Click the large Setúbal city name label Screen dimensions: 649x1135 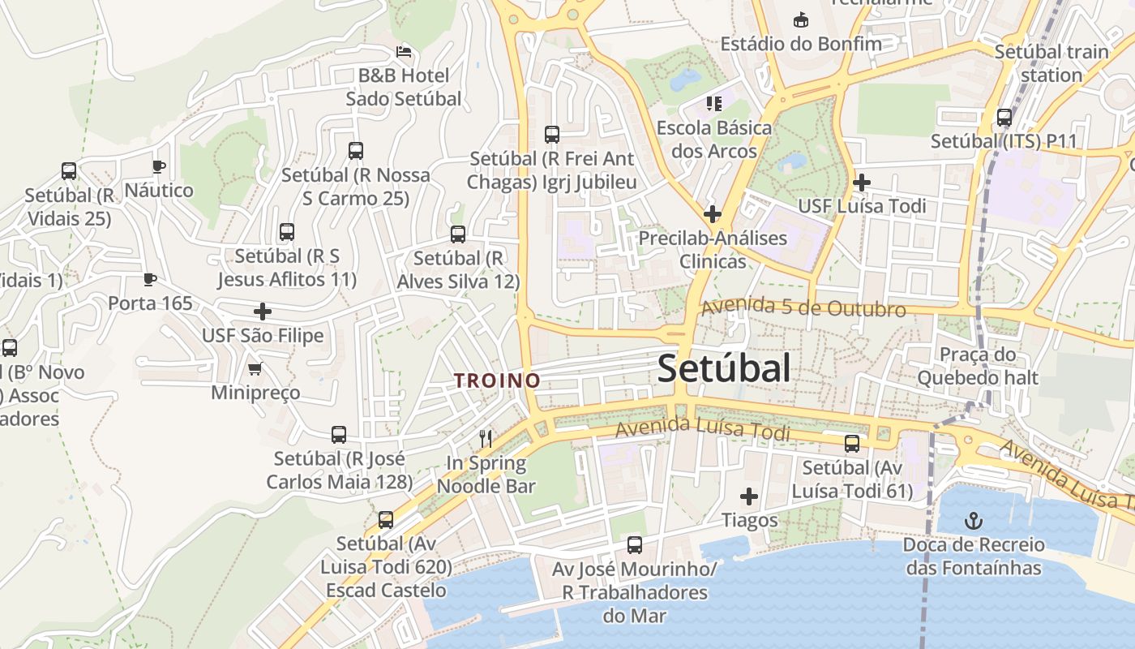(723, 368)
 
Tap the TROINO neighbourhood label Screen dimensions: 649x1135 (497, 380)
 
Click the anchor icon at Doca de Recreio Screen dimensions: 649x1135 (973, 519)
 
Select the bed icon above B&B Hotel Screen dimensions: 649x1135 (404, 52)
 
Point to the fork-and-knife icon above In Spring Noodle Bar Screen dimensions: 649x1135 (486, 439)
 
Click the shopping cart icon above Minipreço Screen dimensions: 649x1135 (255, 369)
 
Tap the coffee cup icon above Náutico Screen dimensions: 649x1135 (159, 167)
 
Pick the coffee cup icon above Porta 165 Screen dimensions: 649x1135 (150, 280)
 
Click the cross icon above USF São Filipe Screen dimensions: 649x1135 (263, 312)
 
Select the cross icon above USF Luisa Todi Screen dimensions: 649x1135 (862, 183)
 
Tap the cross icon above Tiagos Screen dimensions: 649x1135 (749, 496)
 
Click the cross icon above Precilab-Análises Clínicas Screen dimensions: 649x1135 (713, 214)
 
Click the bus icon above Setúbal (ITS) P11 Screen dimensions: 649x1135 (1004, 118)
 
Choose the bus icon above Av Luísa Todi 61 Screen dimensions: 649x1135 (852, 444)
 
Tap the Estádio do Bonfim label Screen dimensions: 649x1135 (800, 43)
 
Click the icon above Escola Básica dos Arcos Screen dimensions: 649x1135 (714, 103)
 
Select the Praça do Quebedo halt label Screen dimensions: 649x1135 (978, 366)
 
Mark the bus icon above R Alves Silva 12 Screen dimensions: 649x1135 (458, 234)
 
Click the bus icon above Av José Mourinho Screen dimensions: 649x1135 (635, 545)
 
